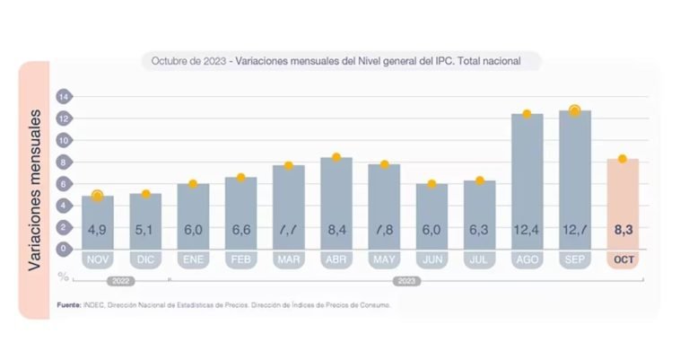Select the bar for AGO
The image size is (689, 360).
[527, 180]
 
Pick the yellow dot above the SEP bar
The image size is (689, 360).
[575, 110]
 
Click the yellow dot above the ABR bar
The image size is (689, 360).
[336, 157]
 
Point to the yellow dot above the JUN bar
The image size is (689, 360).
[432, 184]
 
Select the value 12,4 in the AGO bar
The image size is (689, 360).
[527, 232]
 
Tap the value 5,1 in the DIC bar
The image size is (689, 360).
[145, 232]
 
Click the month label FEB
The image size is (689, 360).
[240, 259]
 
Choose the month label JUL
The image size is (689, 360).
[479, 259]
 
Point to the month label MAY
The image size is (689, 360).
[384, 259]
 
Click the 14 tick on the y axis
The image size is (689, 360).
[64, 96]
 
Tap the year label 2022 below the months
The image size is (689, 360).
[121, 281]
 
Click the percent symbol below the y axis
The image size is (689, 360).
[64, 276]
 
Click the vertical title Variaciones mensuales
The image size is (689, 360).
[37, 190]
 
